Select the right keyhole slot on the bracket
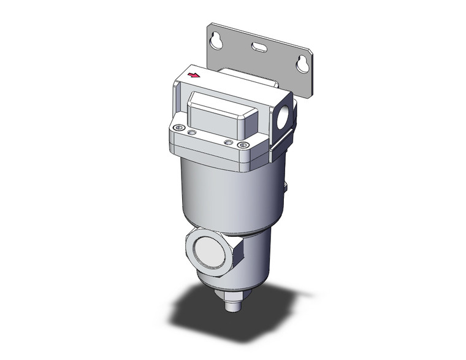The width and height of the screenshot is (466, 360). tap(300, 63)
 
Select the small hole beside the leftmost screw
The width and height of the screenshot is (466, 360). tap(192, 132)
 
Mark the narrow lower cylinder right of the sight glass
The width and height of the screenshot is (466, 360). tap(258, 258)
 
